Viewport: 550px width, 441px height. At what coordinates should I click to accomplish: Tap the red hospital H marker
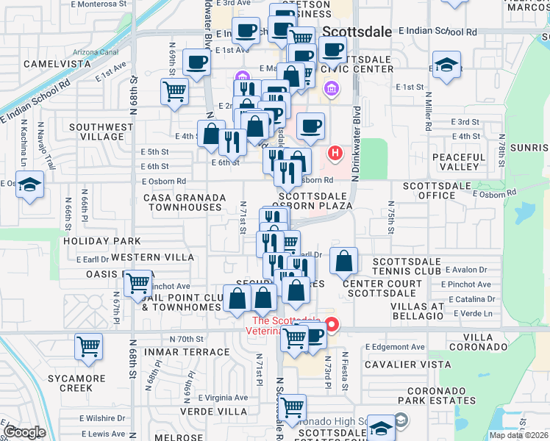coord(335,154)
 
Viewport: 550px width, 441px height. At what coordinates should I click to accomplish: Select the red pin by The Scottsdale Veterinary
coord(332,323)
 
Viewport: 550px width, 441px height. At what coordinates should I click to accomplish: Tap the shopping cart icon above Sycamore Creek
coord(89,346)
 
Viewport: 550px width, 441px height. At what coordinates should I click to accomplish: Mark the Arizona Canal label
coord(96,51)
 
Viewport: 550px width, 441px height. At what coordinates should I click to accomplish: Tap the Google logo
coord(25,432)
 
